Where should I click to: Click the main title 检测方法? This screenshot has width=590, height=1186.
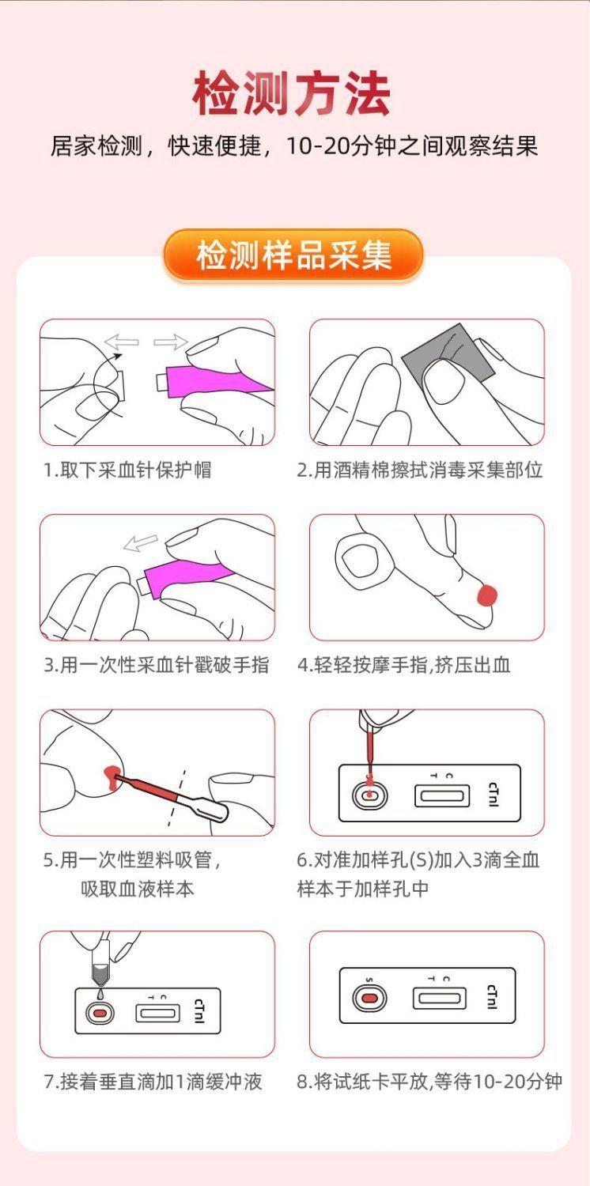(292, 94)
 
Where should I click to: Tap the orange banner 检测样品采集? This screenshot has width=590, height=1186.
(293, 255)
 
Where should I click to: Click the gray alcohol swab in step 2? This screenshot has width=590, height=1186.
(448, 352)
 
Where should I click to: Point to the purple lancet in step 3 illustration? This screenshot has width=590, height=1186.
(185, 580)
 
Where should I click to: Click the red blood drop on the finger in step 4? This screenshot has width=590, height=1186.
(487, 595)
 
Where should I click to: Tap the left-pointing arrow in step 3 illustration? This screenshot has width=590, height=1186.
(140, 542)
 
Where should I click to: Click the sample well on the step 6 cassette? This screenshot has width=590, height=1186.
(369, 795)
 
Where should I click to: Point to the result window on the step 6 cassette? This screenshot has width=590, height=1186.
(441, 795)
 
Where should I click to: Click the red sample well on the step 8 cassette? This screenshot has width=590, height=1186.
(368, 999)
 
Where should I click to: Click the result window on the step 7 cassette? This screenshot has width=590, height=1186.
(158, 1013)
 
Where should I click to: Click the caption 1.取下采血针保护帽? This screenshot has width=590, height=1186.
(127, 470)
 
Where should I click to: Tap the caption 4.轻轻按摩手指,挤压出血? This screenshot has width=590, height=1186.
(403, 664)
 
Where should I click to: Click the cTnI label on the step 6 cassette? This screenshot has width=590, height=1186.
(494, 794)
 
